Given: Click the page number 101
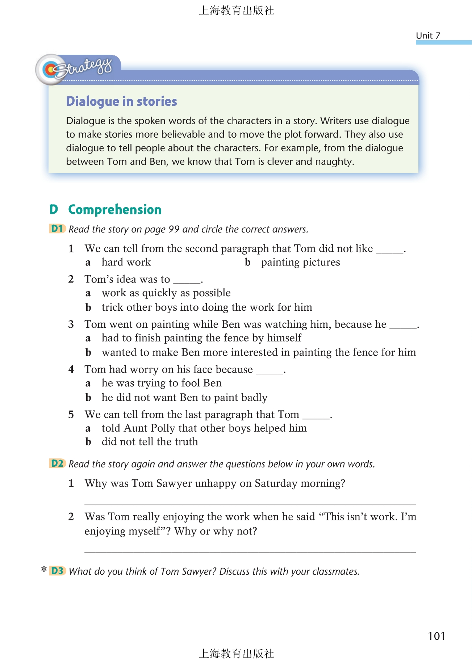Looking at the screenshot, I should (x=436, y=636).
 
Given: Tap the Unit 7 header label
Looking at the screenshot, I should (x=428, y=35).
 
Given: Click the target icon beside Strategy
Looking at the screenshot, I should (x=50, y=70).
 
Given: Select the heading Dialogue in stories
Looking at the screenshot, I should (x=121, y=101).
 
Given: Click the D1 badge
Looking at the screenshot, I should (x=57, y=229).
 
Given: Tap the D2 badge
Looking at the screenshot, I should (x=57, y=463).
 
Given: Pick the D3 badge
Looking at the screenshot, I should (x=57, y=571).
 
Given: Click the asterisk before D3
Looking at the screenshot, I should (x=44, y=570).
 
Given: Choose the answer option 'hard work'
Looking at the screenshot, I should (x=126, y=262).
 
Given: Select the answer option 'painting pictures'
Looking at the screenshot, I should (x=300, y=262).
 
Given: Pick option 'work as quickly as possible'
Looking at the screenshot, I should (x=166, y=293).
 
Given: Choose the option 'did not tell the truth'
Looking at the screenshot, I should (x=150, y=442).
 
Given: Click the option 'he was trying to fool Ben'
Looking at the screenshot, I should (x=162, y=383).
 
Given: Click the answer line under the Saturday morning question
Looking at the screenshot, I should (x=250, y=503).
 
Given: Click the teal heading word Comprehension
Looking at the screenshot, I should (x=115, y=210).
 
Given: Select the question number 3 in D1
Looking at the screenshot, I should (x=71, y=324).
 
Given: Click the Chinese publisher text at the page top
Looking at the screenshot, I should (x=236, y=11).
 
